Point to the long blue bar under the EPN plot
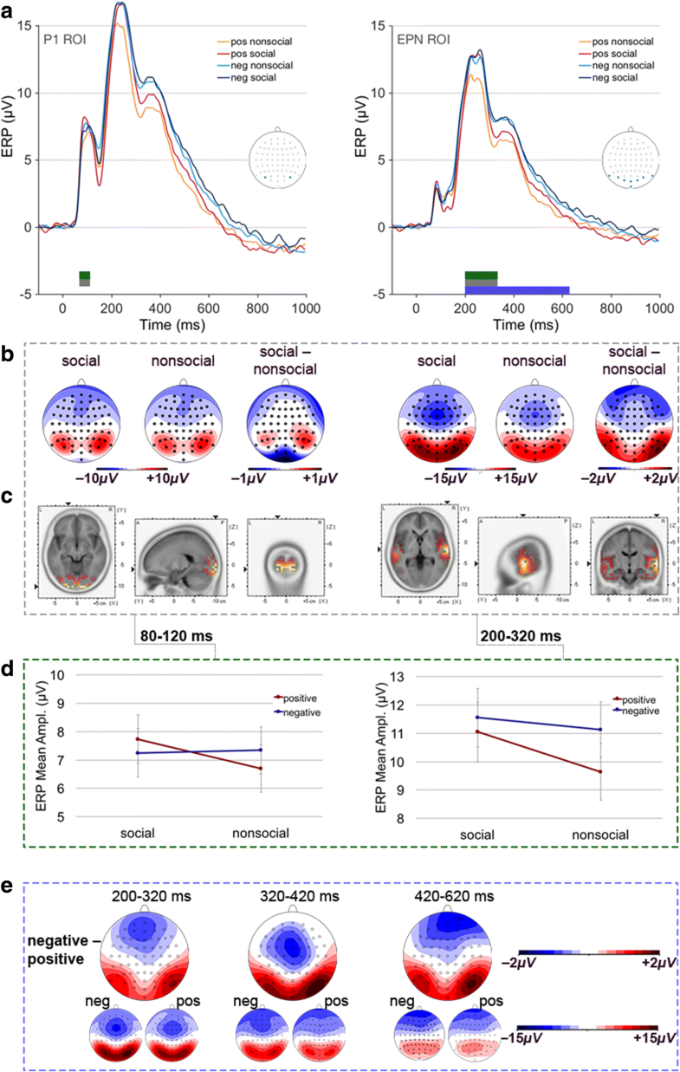[517, 290]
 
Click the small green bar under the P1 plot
[84, 275]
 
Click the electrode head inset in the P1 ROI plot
[280, 157]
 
